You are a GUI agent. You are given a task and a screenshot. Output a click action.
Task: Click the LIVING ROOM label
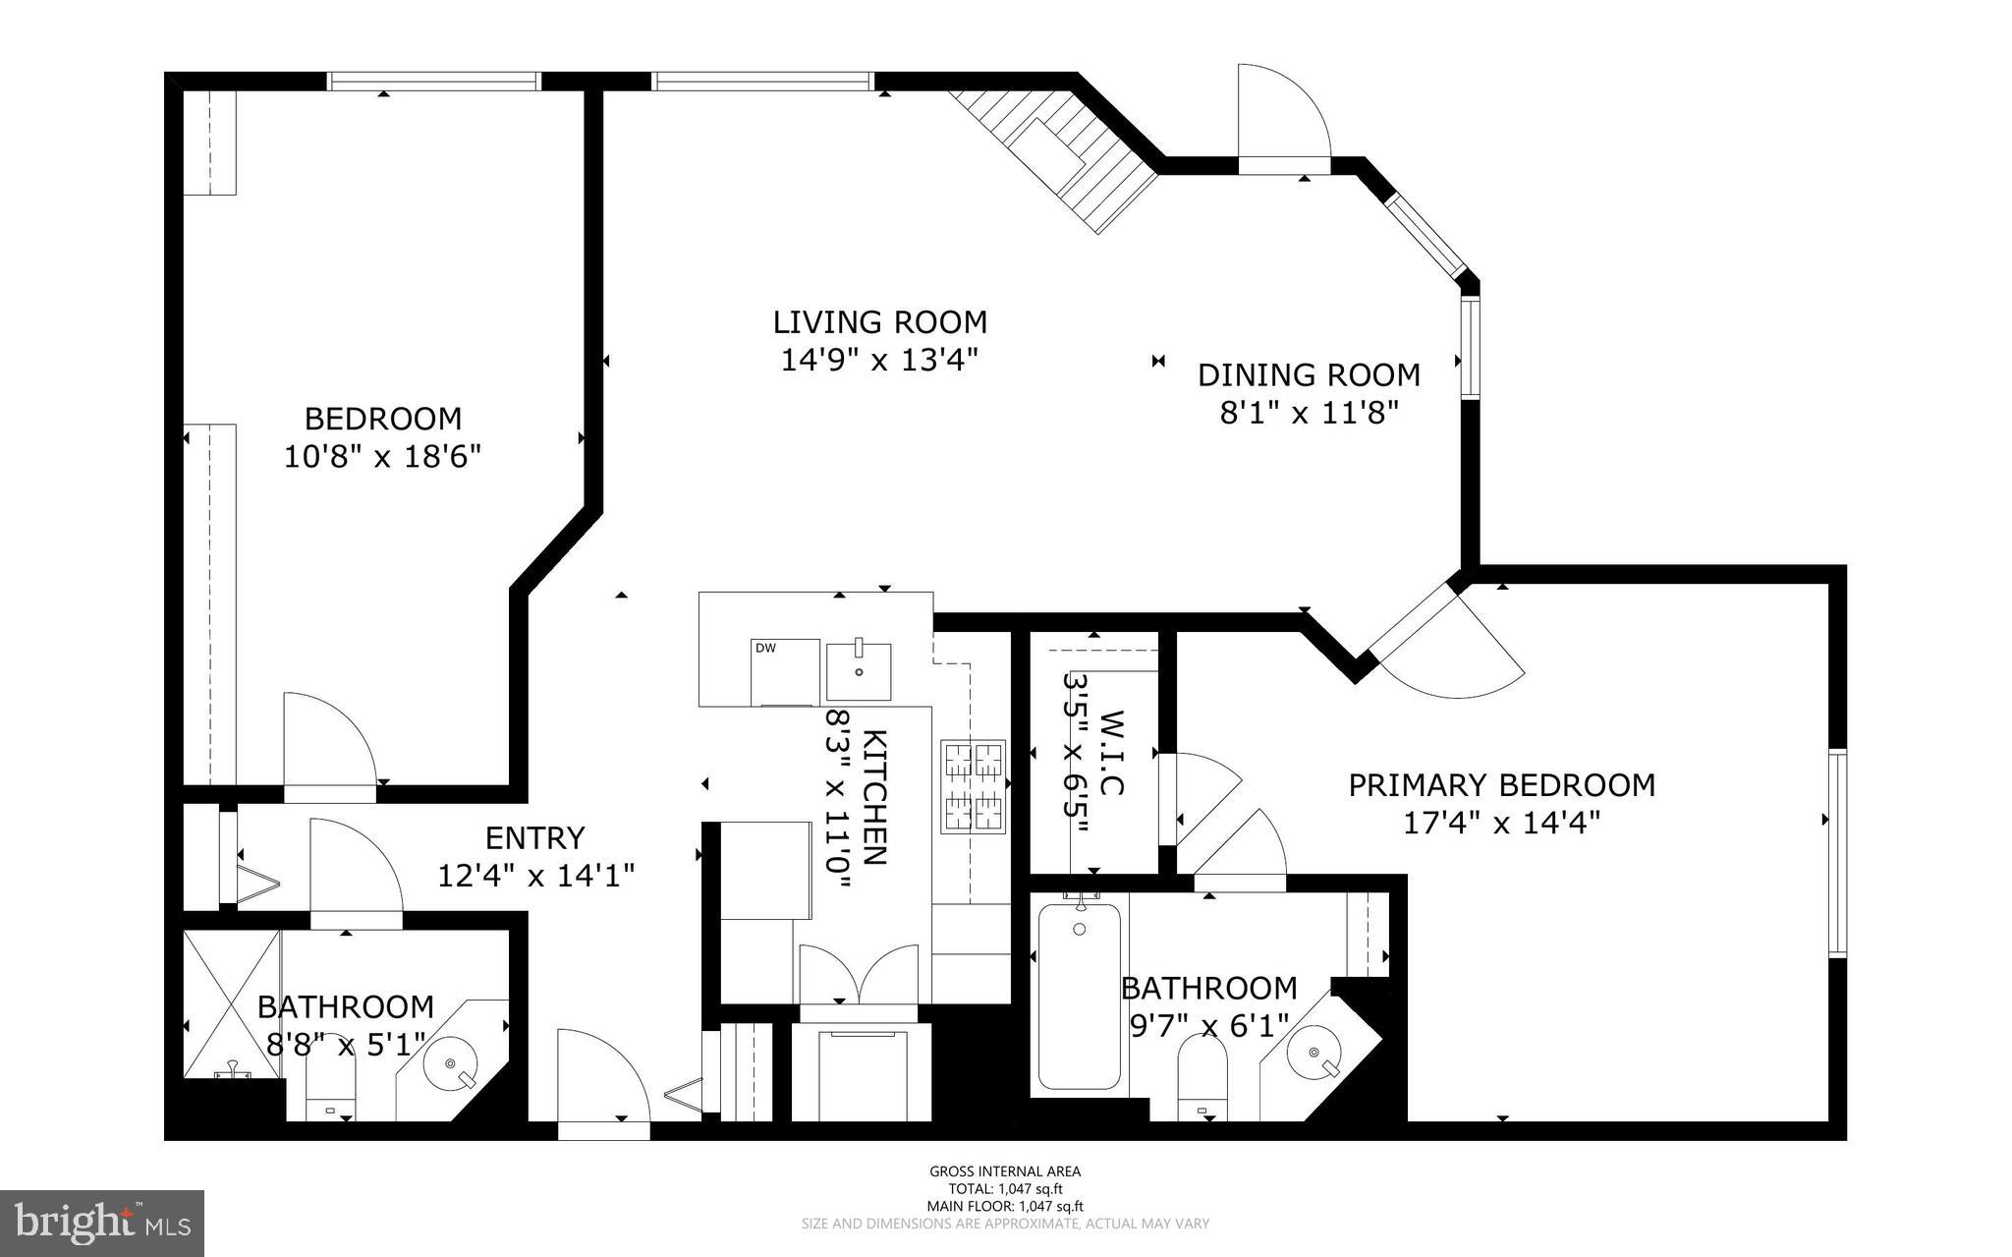(x=879, y=322)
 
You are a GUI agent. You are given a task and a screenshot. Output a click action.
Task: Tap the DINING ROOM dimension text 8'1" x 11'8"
(x=1308, y=413)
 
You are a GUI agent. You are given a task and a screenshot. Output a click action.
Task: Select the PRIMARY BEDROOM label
(x=1501, y=785)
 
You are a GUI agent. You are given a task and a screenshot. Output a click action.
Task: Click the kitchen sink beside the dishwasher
(x=859, y=670)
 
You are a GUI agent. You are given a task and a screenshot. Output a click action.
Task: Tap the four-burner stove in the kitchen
(x=975, y=786)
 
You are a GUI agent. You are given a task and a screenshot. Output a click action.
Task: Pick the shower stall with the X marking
(x=232, y=1004)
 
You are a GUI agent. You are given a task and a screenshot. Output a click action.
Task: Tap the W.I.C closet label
(x=1110, y=754)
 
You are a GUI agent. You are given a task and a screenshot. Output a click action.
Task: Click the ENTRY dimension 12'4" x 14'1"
(x=535, y=875)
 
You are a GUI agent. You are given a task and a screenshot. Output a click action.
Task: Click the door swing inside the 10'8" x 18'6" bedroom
(x=327, y=737)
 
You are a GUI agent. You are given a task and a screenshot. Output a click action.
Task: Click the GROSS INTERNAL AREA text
(x=1005, y=1171)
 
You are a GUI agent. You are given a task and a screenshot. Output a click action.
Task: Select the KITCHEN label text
(x=875, y=796)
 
